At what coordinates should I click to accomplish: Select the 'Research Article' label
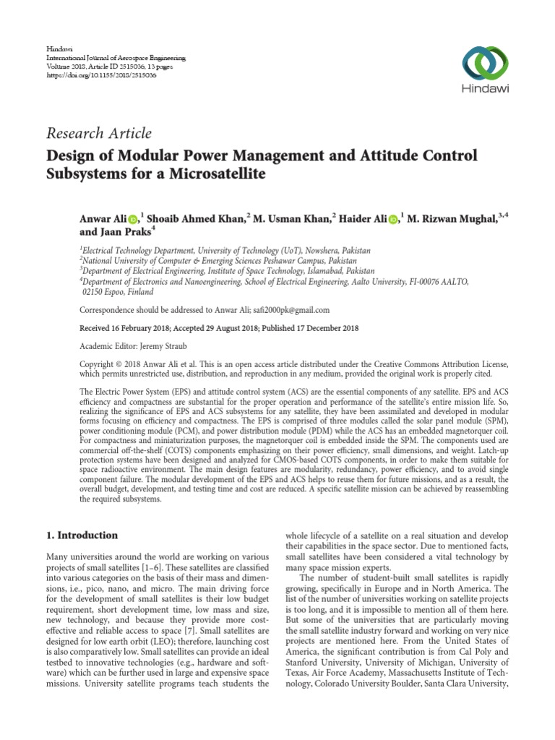tap(99, 133)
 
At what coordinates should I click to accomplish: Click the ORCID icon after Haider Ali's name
tap(392, 219)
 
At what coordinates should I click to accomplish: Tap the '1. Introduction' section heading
tap(82, 535)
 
